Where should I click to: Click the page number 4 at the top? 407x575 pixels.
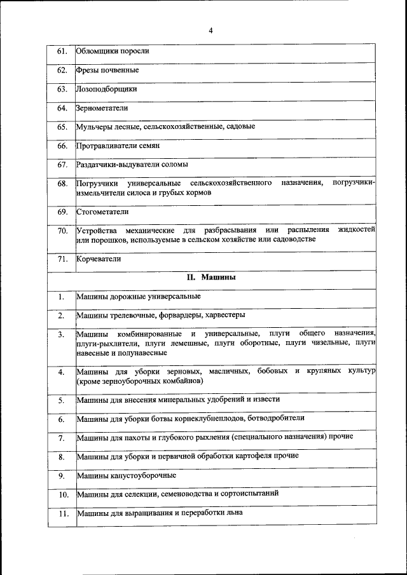[x=210, y=30]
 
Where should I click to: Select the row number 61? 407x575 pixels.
[x=62, y=51]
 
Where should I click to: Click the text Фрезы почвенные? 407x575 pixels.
[x=107, y=70]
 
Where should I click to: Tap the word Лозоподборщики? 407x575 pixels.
[x=106, y=89]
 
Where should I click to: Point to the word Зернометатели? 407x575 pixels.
[x=102, y=108]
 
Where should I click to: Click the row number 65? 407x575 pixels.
[x=62, y=127]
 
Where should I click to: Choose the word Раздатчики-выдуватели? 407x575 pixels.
[x=117, y=165]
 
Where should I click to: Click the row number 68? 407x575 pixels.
[x=62, y=184]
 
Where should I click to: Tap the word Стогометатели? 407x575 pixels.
[x=102, y=211]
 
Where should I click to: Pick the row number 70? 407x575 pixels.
[x=62, y=230]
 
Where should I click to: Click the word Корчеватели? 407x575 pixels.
[x=99, y=259]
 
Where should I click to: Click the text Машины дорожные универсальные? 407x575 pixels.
[x=139, y=296]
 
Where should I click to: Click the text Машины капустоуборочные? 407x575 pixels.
[x=126, y=475]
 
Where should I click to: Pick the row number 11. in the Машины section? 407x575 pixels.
[x=62, y=513]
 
